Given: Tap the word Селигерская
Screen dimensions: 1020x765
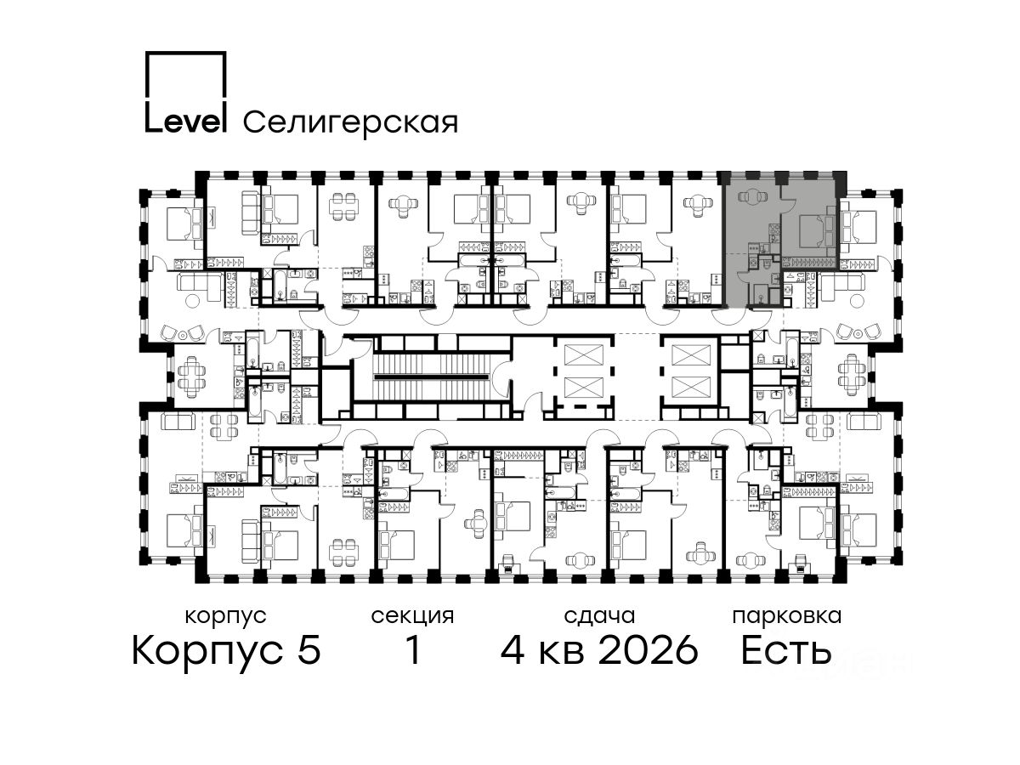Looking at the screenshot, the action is pyautogui.click(x=350, y=122).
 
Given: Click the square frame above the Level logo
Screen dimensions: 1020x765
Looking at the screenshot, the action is pyautogui.click(x=186, y=76).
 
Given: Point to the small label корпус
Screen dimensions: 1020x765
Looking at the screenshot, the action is pyautogui.click(x=225, y=617).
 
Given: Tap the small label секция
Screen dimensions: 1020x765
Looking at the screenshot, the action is pyautogui.click(x=412, y=616).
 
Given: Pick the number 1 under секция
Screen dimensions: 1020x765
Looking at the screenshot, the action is pyautogui.click(x=413, y=650).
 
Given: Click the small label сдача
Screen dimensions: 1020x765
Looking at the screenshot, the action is pyautogui.click(x=599, y=616).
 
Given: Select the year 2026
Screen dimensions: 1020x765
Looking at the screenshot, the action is pyautogui.click(x=649, y=650).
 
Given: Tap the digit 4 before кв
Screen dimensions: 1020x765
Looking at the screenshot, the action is pyautogui.click(x=513, y=650).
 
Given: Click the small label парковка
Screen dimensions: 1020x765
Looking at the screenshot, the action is pyautogui.click(x=787, y=616).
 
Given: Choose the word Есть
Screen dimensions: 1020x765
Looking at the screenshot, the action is pyautogui.click(x=785, y=650).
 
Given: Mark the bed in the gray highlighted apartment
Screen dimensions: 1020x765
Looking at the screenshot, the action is pyautogui.click(x=817, y=232).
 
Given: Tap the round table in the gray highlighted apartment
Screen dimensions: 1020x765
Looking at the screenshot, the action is pyautogui.click(x=753, y=197).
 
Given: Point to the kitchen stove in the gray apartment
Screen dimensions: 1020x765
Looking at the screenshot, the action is pyautogui.click(x=773, y=229).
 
